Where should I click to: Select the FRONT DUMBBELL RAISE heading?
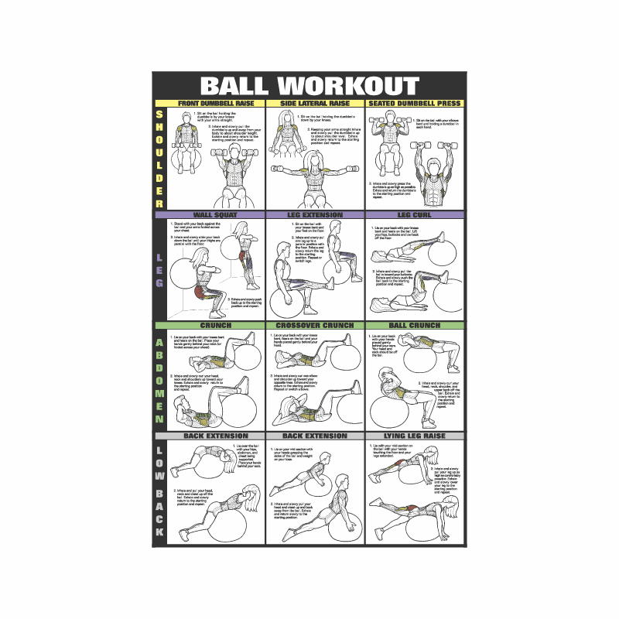click(x=216, y=103)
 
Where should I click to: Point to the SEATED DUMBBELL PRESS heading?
click(x=415, y=103)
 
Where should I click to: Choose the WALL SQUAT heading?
click(x=216, y=215)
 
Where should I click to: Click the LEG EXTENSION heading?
click(x=316, y=215)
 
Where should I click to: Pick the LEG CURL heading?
click(x=415, y=215)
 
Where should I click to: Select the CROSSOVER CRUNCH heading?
click(x=316, y=326)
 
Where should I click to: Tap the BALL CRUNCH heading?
click(x=415, y=326)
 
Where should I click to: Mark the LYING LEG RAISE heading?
click(x=415, y=436)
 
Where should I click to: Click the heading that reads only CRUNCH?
click(x=216, y=326)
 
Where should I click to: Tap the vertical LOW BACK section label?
click(x=160, y=492)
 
